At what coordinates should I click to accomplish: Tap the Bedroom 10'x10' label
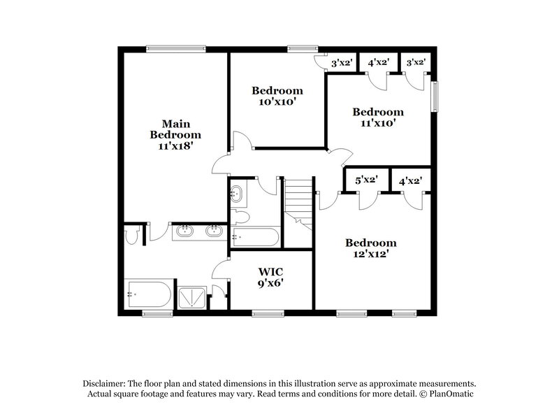pyautogui.click(x=277, y=96)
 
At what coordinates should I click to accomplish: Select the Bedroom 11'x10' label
pyautogui.click(x=377, y=117)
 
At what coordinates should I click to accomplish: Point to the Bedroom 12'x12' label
pyautogui.click(x=371, y=248)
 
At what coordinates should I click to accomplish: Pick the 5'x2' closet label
pyautogui.click(x=366, y=180)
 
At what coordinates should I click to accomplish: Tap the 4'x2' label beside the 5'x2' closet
pyautogui.click(x=409, y=180)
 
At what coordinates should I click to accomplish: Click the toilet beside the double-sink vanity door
pyautogui.click(x=131, y=236)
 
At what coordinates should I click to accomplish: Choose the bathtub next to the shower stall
pyautogui.click(x=148, y=295)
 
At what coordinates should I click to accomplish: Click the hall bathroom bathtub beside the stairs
pyautogui.click(x=256, y=237)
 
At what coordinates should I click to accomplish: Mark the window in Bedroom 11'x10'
pyautogui.click(x=437, y=97)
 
